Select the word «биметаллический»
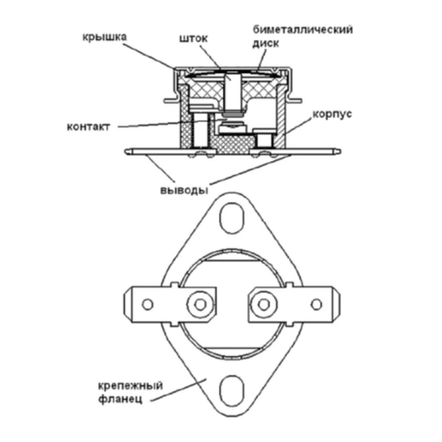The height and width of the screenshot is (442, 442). pos(302,29)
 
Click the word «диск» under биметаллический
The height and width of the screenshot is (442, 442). pos(266,43)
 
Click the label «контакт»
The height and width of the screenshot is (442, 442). pos(88,127)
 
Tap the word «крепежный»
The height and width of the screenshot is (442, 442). pos(130,386)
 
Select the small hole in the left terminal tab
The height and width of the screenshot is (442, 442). pos(147,305)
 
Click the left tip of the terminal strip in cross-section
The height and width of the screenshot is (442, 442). pos(127,151)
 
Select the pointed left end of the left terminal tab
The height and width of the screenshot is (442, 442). pos(125,305)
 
